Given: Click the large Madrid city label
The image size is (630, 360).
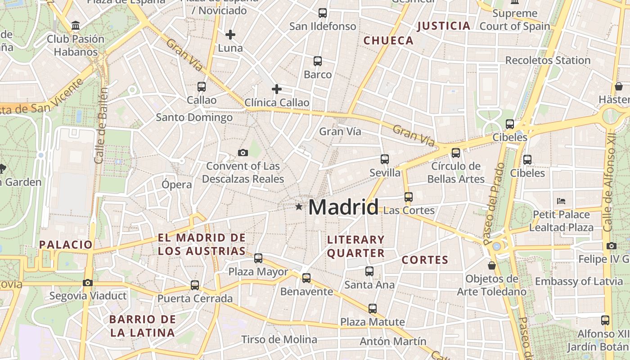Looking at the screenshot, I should point(343,207).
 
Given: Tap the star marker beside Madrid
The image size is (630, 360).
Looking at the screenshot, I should point(299,207).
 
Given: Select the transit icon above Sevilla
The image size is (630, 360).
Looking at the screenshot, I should point(384,159).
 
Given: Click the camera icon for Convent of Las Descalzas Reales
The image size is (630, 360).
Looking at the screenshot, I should point(243,153).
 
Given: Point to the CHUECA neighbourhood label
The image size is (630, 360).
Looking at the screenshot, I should point(388,40).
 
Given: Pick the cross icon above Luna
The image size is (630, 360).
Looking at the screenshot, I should point(230,34).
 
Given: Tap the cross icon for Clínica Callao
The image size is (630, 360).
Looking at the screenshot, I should point(277,89).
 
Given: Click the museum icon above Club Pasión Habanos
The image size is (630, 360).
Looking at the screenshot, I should point(76,25).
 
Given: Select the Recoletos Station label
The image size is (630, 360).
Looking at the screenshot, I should point(548,60).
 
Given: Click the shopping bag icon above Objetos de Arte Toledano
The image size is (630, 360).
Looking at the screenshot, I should point(492,265).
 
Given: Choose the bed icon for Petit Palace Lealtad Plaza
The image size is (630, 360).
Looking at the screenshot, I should point(561,201).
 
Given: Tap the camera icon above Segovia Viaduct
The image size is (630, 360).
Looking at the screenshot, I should point(88,283).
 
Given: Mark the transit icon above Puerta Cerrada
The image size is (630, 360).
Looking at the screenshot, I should point(195,285).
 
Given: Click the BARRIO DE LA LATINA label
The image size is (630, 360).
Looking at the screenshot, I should point(143,326).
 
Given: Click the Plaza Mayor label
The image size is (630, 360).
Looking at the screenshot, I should point(258,272).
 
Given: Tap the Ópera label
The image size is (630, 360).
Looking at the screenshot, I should point(177,184).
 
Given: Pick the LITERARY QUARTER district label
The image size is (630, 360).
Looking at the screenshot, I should point(356,246).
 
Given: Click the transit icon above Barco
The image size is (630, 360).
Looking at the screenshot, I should point(318,61).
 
